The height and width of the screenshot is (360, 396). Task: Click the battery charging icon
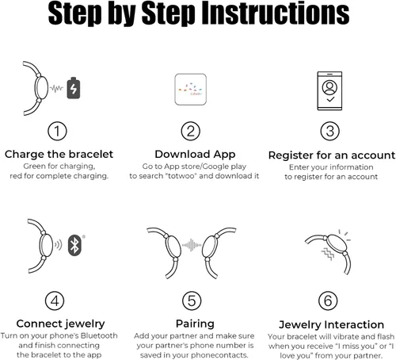click(74, 88)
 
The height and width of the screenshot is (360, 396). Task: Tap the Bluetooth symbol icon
click(74, 245)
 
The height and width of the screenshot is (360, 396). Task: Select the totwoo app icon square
click(190, 90)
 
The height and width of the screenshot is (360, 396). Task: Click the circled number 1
click(57, 131)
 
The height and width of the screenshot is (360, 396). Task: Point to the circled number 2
click(191, 131)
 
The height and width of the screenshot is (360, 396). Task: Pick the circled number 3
click(329, 131)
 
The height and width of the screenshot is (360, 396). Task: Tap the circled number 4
click(55, 301)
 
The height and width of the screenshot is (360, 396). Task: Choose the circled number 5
click(192, 301)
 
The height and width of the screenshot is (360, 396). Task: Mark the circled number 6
click(328, 301)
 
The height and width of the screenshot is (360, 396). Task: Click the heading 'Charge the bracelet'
click(59, 155)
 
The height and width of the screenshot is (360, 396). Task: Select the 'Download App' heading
click(195, 155)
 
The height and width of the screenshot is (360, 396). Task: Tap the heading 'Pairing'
click(195, 324)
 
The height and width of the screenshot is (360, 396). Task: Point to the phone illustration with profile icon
click(329, 90)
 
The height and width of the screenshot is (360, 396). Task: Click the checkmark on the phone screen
click(330, 99)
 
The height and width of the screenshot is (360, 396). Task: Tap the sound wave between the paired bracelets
click(192, 245)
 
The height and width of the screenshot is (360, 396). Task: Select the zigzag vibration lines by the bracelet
click(328, 254)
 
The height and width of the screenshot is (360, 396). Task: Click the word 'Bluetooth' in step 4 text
click(99, 335)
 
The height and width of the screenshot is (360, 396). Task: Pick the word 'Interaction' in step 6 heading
click(354, 324)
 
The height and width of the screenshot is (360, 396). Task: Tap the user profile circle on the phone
click(329, 87)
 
